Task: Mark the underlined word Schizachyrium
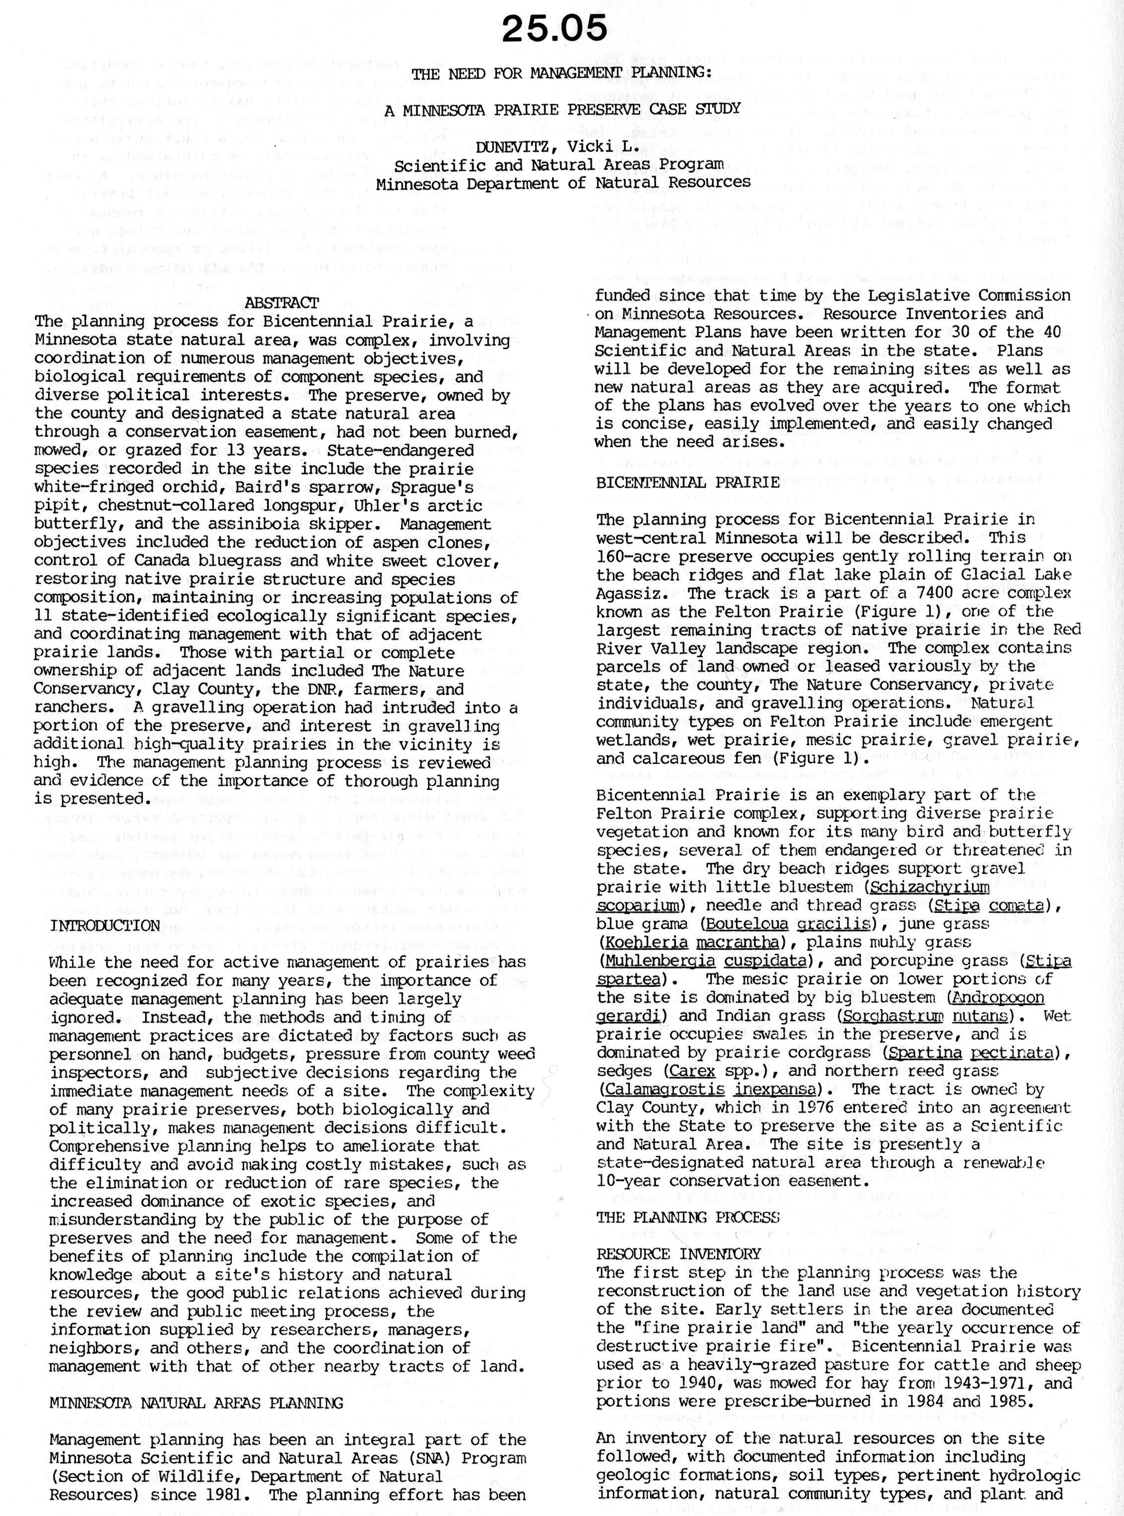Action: click(x=929, y=887)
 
